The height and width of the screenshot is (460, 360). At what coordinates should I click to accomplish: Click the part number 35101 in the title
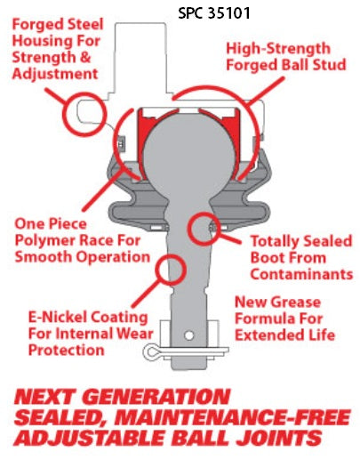229,13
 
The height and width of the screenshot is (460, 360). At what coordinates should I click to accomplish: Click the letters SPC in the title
191,13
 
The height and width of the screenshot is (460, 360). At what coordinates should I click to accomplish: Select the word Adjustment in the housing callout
55,74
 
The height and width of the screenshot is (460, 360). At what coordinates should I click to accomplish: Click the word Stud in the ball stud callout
329,65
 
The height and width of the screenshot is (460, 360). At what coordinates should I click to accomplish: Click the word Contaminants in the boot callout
301,274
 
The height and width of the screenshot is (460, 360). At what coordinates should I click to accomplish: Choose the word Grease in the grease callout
295,303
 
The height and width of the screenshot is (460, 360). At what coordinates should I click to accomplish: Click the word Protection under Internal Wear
67,350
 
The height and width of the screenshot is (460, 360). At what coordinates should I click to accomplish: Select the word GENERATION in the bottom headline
158,397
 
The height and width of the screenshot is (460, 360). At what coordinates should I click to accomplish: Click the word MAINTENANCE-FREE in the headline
233,417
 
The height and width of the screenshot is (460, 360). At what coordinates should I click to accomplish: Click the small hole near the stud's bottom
188,335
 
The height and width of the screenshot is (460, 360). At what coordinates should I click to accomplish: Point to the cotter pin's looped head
151,351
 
